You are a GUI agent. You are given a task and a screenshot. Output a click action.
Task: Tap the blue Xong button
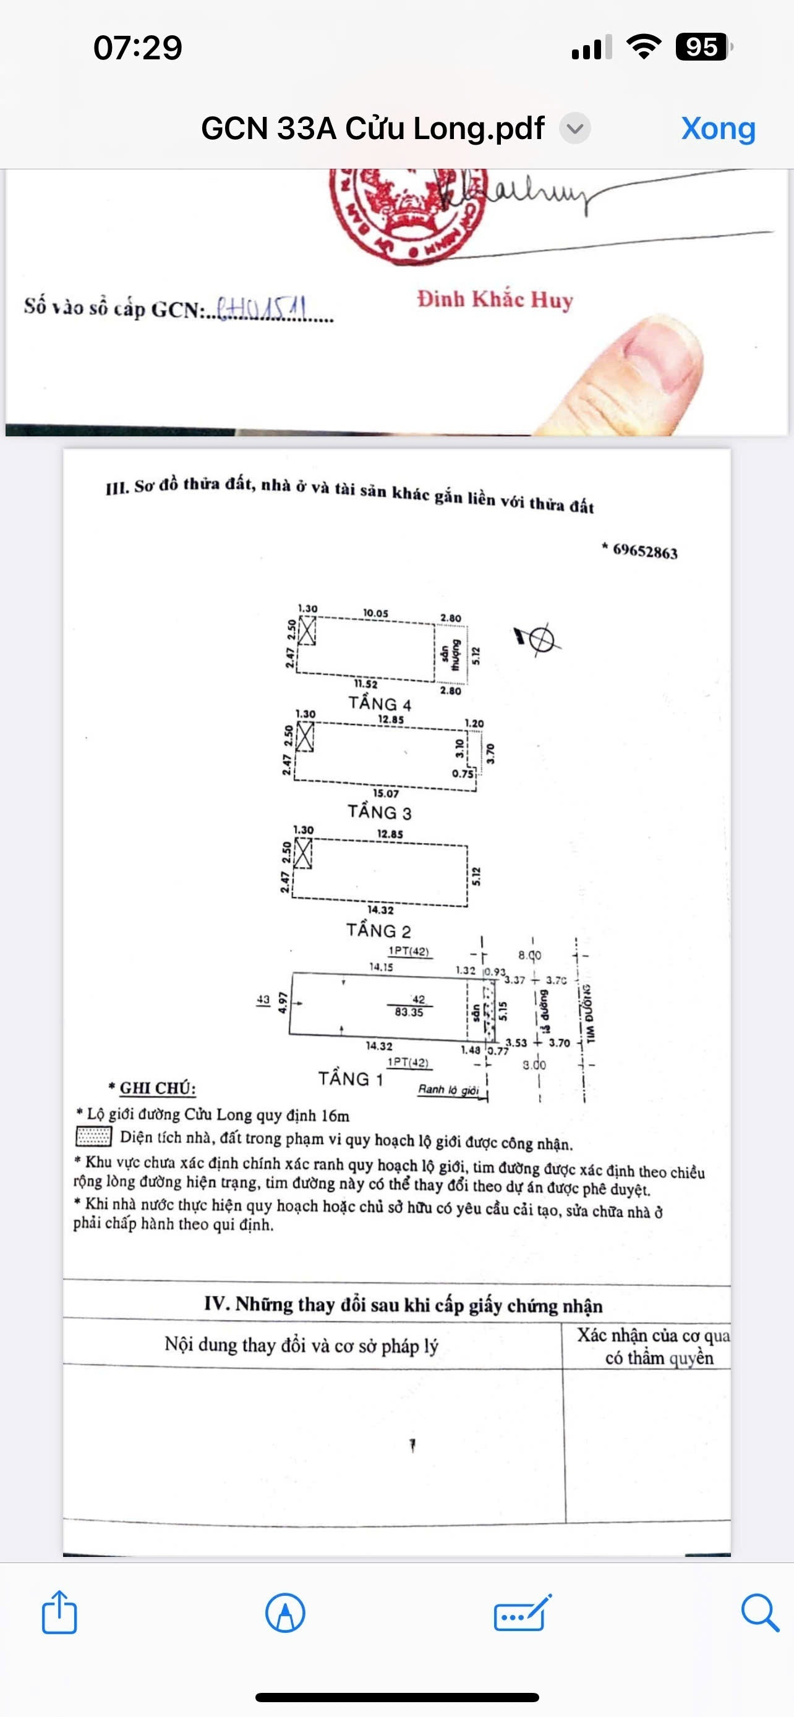[718, 128]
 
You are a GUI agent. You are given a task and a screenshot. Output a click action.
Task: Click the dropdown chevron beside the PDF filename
[574, 128]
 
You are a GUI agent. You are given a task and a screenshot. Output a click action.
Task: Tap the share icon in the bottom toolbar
[59, 1613]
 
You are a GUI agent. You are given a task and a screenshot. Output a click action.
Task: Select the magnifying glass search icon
[759, 1613]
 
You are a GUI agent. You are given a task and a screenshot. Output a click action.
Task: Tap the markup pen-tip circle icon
[285, 1613]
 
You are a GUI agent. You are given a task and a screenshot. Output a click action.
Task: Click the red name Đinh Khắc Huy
[495, 299]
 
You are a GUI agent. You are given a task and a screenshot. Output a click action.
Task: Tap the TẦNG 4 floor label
[379, 704]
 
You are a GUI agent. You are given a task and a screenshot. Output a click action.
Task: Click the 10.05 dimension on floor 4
[375, 613]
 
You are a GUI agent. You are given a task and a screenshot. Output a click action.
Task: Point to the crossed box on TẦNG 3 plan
[305, 737]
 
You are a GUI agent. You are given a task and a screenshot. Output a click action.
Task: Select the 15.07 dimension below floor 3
[386, 793]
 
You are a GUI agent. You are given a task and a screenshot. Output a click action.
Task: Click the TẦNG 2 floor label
[378, 930]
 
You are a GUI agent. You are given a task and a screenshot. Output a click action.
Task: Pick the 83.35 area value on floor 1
[409, 1012]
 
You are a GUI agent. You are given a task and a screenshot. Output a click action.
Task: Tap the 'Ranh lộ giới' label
[448, 1089]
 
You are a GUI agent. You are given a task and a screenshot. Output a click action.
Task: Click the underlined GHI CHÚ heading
[157, 1088]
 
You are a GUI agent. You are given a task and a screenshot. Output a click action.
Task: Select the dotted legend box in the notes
[93, 1136]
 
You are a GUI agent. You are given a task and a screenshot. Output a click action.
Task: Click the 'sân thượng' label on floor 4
[450, 655]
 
